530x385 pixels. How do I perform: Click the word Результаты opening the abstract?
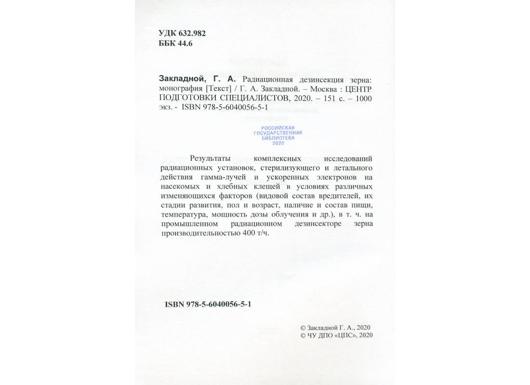pos(210,158)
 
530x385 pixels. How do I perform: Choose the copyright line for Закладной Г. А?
pos(334,327)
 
